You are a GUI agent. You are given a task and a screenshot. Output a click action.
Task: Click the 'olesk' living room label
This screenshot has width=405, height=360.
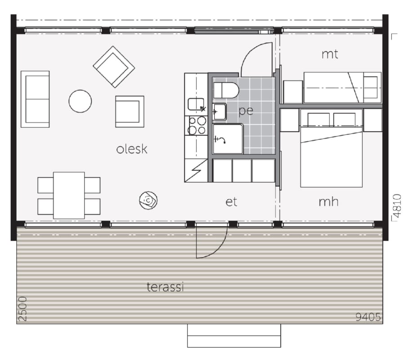pyautogui.click(x=132, y=149)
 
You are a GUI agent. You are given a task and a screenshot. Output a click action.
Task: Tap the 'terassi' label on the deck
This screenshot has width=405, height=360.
pyautogui.click(x=165, y=287)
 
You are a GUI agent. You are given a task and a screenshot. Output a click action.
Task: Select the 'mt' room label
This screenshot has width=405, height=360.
pyautogui.click(x=330, y=54)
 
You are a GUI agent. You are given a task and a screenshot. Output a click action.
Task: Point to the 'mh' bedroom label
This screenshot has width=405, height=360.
pyautogui.click(x=329, y=202)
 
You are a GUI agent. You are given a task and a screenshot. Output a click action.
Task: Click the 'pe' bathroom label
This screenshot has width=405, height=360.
pyautogui.click(x=245, y=111)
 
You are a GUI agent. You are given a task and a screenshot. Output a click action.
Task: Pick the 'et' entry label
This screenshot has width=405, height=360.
pyautogui.click(x=231, y=202)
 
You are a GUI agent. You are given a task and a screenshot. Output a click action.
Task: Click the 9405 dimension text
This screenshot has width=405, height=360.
pyautogui.click(x=368, y=317)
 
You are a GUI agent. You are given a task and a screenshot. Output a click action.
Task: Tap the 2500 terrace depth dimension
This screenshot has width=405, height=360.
pyautogui.click(x=23, y=309)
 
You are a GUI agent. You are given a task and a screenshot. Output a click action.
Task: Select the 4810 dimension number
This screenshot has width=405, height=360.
pyautogui.click(x=397, y=206)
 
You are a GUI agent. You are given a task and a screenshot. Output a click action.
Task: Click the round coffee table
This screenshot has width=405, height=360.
pyautogui.click(x=80, y=101)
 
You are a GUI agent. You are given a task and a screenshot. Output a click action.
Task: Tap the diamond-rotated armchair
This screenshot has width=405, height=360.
pyautogui.click(x=114, y=67)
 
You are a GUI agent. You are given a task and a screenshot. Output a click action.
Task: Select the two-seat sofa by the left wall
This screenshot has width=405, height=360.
pyautogui.click(x=35, y=99)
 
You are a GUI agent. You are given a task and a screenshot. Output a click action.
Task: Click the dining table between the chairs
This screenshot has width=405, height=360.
pyautogui.click(x=69, y=195)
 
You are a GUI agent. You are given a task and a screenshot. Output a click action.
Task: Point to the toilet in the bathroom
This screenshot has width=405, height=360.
pyautogui.click(x=226, y=90)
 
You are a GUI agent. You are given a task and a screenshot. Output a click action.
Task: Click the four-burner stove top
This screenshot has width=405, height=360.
pyautogui.click(x=197, y=126)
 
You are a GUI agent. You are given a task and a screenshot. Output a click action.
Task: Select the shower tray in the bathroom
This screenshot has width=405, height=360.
pyautogui.click(x=228, y=139)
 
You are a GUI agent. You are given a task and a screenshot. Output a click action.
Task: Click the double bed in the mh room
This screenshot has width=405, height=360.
pyautogui.click(x=331, y=148)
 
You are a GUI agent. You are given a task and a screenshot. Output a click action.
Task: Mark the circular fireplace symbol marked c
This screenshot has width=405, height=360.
pyautogui.click(x=148, y=200)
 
